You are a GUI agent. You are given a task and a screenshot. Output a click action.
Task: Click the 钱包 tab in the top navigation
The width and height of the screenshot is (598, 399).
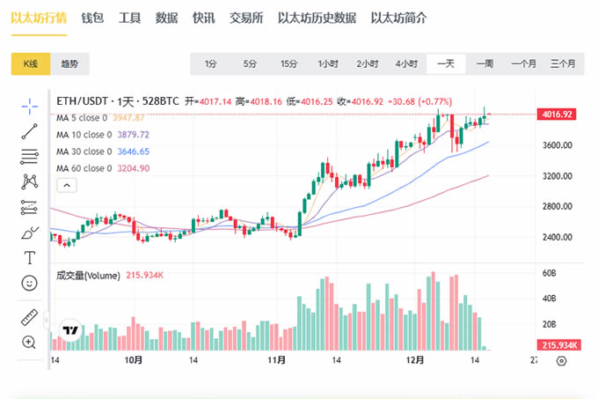(92, 18)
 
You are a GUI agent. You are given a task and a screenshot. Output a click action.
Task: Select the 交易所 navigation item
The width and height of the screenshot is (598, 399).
(246, 18)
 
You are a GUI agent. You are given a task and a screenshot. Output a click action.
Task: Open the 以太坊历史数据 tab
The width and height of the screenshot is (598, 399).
(317, 18)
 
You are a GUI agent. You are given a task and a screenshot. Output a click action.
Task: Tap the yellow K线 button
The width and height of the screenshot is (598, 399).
(31, 63)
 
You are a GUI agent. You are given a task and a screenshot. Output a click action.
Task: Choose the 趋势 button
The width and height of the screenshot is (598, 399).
(69, 63)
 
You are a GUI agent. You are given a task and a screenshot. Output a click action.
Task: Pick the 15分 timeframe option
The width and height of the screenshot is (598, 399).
(288, 63)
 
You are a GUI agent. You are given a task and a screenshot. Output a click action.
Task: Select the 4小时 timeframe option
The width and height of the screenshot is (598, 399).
(405, 63)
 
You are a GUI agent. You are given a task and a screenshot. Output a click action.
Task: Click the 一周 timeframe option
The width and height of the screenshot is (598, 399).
(485, 63)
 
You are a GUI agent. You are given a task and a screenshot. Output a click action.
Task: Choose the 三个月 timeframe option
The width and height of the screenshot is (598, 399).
(562, 63)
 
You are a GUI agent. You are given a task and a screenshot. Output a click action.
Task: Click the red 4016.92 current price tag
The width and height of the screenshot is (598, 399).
(558, 115)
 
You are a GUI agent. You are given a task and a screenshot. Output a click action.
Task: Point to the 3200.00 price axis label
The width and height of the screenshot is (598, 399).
(558, 176)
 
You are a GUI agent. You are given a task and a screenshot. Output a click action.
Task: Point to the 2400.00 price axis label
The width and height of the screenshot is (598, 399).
(558, 238)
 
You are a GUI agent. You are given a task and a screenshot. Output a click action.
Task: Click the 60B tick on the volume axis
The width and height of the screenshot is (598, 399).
(550, 274)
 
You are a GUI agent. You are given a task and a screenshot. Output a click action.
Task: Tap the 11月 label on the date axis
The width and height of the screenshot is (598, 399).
(277, 360)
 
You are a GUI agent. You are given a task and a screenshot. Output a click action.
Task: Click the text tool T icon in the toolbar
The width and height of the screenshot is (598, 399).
(30, 258)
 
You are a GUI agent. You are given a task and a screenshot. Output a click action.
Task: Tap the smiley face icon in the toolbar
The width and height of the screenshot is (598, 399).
(30, 283)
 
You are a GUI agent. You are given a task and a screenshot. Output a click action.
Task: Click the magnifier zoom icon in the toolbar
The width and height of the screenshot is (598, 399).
(30, 342)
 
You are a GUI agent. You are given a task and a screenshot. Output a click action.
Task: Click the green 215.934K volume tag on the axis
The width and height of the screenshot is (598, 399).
(558, 345)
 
